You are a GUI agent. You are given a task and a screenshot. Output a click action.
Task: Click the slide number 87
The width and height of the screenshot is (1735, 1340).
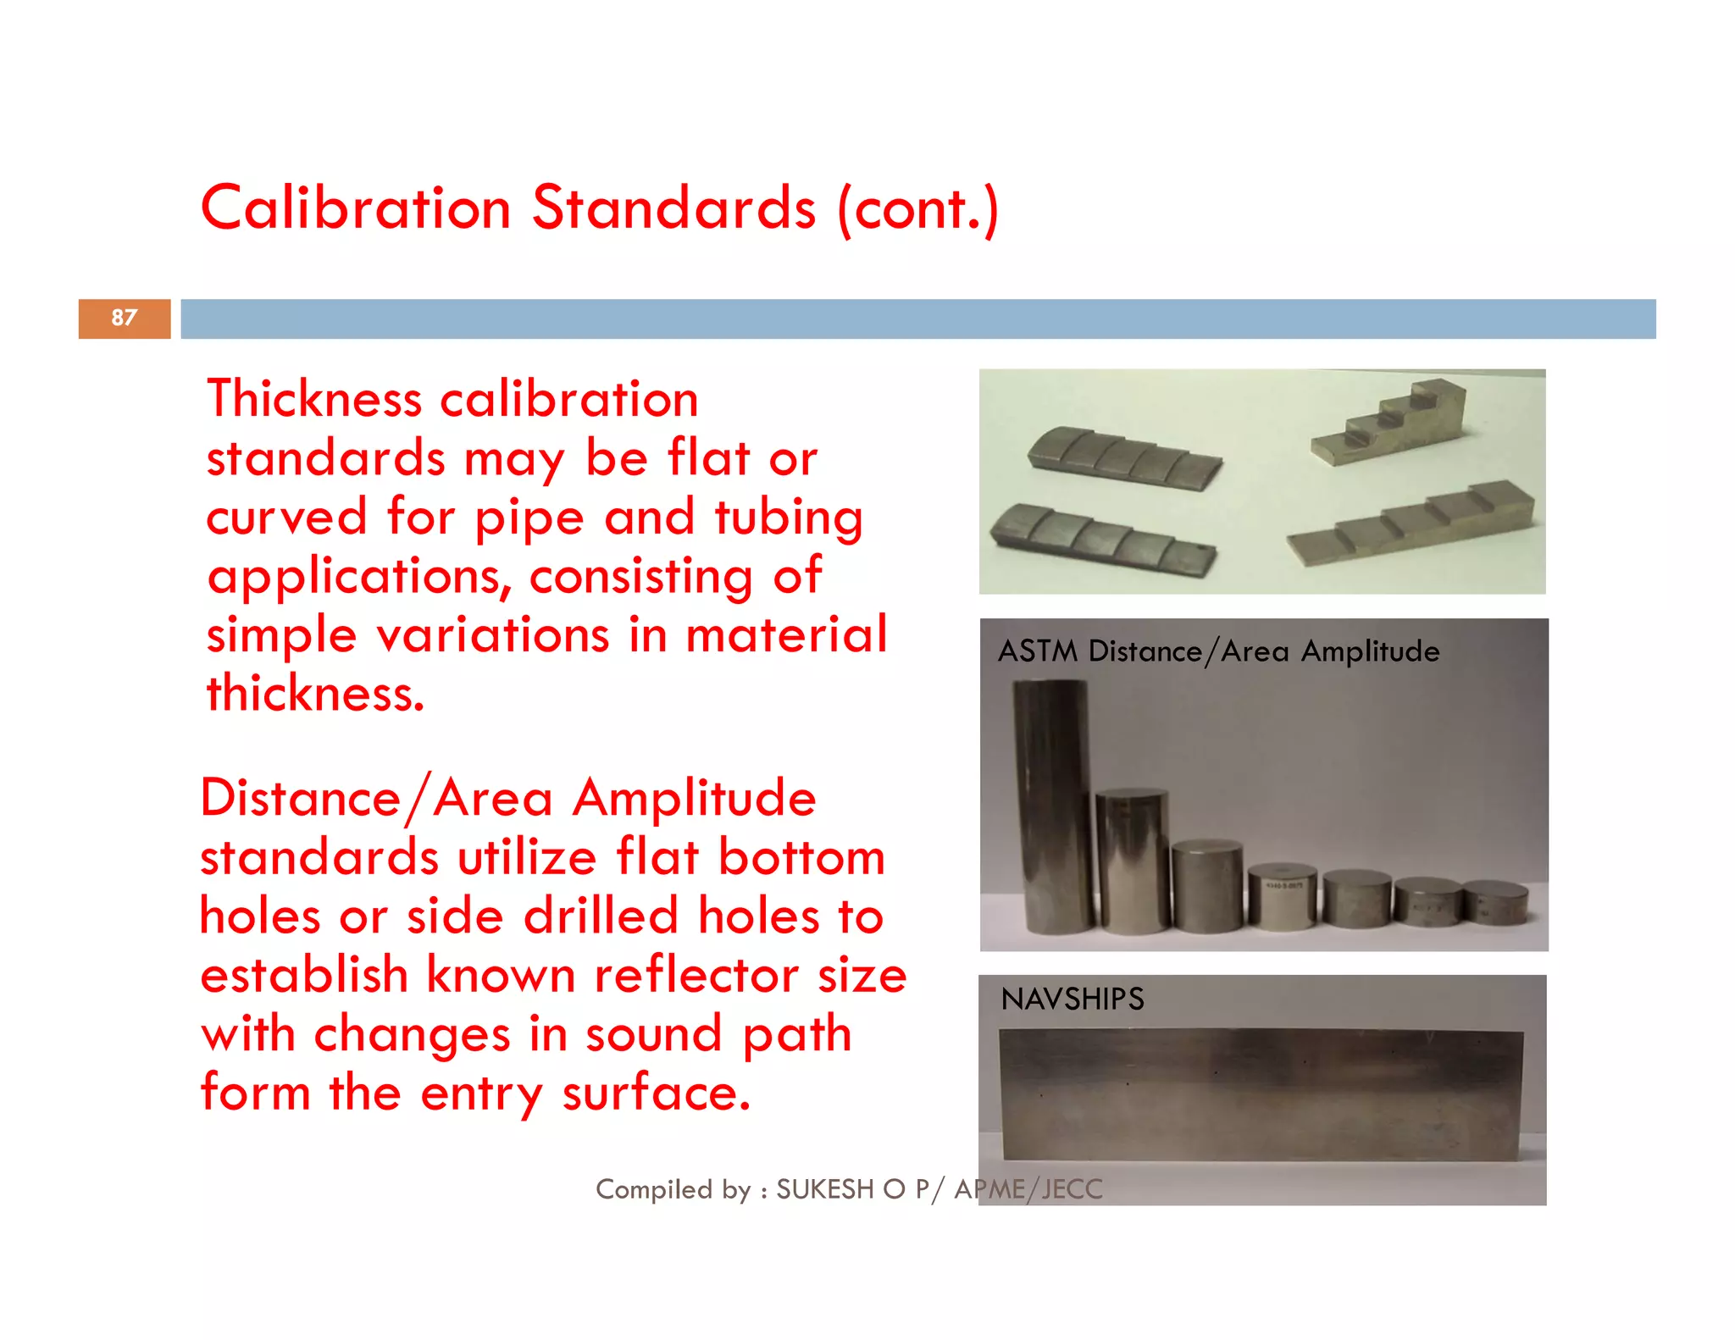124,318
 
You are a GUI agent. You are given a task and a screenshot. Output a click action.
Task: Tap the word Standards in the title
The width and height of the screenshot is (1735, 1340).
673,208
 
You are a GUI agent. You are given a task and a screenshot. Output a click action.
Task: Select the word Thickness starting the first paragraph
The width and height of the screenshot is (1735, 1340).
313,399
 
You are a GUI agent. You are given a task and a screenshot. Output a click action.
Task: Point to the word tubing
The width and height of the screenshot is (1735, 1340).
789,518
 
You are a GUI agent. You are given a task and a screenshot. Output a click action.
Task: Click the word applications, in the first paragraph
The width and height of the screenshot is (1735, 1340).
359,577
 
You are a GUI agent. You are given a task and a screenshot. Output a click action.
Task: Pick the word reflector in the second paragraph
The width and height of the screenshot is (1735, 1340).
696,975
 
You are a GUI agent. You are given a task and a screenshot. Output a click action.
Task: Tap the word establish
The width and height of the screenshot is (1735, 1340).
304,975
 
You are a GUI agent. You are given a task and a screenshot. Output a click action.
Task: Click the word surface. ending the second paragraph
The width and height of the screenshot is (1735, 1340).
656,1093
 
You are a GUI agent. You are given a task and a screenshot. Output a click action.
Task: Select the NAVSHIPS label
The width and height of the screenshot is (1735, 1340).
1072,999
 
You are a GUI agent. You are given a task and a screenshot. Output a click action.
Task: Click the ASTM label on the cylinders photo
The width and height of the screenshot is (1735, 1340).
1037,651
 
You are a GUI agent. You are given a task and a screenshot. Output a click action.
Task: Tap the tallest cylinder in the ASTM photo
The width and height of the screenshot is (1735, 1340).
1050,805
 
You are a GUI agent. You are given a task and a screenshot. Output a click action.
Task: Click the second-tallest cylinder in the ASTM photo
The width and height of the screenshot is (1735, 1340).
1132,860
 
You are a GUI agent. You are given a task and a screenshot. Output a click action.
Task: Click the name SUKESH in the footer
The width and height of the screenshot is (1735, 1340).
824,1189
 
